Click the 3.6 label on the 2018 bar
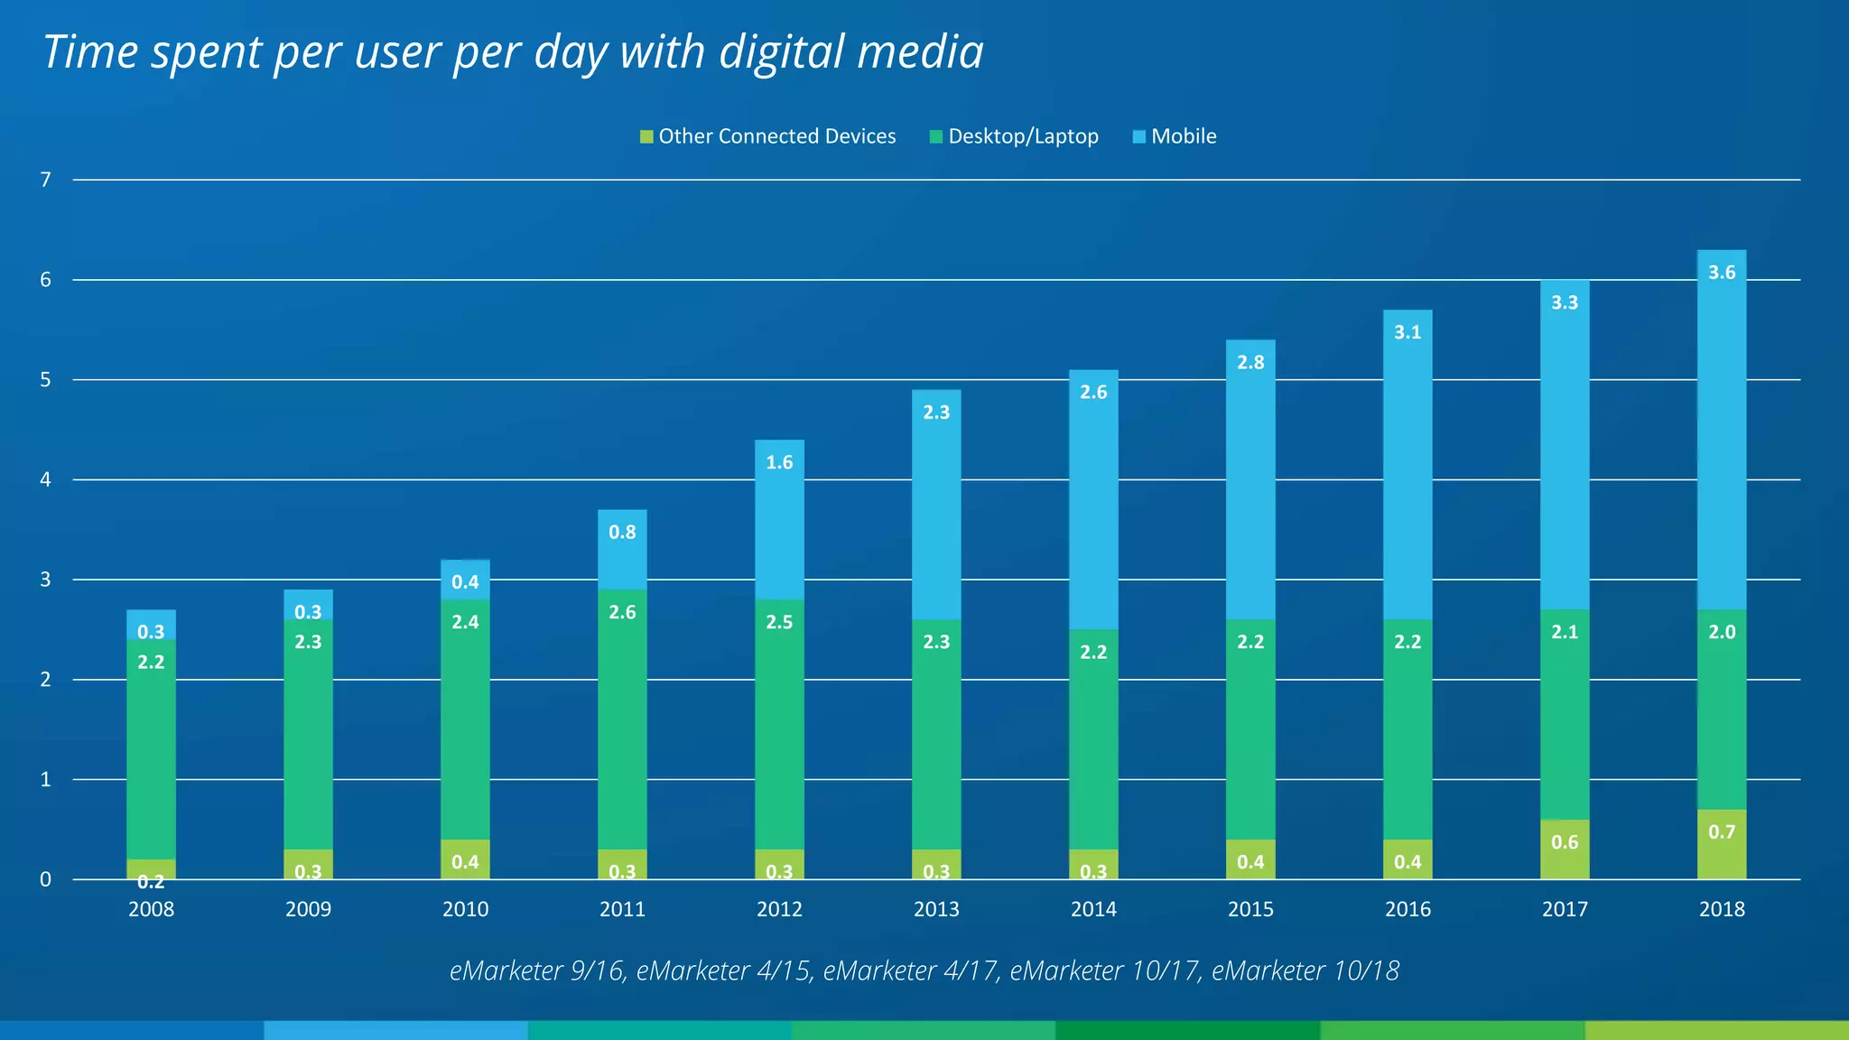(x=1722, y=273)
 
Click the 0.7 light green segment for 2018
(x=1722, y=843)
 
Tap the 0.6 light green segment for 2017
(x=1565, y=849)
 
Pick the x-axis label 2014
(x=1093, y=909)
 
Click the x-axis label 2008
(x=151, y=909)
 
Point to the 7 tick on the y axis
(x=46, y=180)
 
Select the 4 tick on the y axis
(x=46, y=479)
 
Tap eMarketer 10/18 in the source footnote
(x=1305, y=970)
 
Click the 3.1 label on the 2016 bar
(x=1408, y=332)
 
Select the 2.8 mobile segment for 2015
(x=1250, y=478)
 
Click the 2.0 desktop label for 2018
(x=1722, y=632)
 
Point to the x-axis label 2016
(x=1408, y=909)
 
